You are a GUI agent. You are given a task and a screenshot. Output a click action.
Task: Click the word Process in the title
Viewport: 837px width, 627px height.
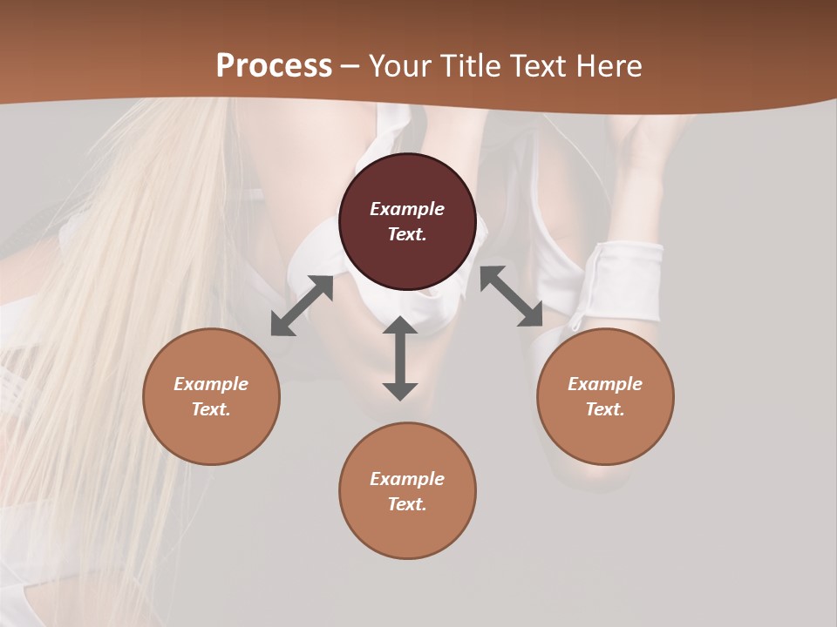(274, 66)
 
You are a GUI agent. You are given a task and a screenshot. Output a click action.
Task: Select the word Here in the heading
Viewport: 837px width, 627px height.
(609, 66)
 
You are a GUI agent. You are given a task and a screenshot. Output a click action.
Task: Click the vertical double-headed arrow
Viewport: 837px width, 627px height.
(400, 358)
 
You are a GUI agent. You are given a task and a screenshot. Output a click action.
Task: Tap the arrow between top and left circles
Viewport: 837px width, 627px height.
(302, 306)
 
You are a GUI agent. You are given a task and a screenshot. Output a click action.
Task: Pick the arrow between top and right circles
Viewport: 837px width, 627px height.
(512, 296)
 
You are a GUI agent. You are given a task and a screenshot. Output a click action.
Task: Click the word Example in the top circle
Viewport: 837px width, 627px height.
(407, 209)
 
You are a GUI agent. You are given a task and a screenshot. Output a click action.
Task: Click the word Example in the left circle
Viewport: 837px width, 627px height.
(211, 384)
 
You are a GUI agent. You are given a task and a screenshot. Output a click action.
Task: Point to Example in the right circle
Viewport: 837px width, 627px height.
(605, 384)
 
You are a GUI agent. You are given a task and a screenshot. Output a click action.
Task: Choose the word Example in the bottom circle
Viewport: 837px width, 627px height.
(407, 479)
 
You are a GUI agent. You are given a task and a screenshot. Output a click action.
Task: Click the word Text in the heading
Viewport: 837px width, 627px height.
(539, 66)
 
